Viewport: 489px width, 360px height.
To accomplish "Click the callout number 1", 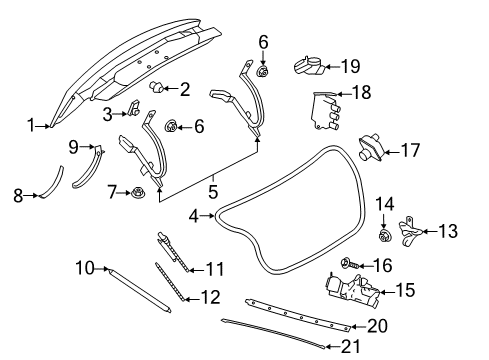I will click(31, 125).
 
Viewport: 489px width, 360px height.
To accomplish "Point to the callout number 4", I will click(194, 214).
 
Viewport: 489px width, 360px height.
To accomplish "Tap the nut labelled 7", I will click(136, 190).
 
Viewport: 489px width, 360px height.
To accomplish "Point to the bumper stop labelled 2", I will click(157, 88).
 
